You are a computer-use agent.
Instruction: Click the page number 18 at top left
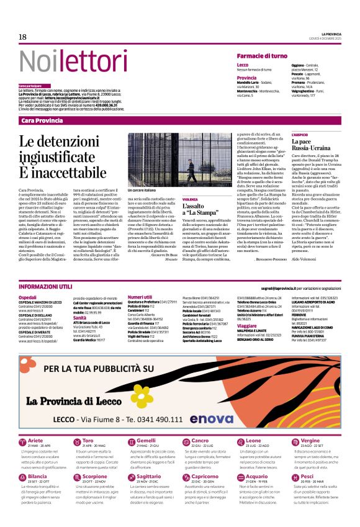[22, 37]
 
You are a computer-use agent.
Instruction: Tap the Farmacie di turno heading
[262, 56]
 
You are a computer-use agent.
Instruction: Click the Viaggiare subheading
[247, 325]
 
